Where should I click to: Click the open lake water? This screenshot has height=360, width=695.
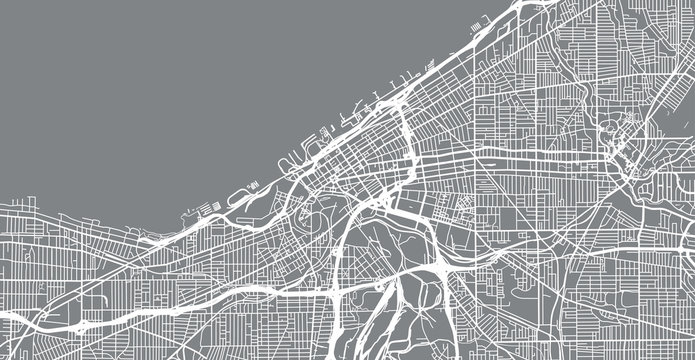(x=150, y=90)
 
